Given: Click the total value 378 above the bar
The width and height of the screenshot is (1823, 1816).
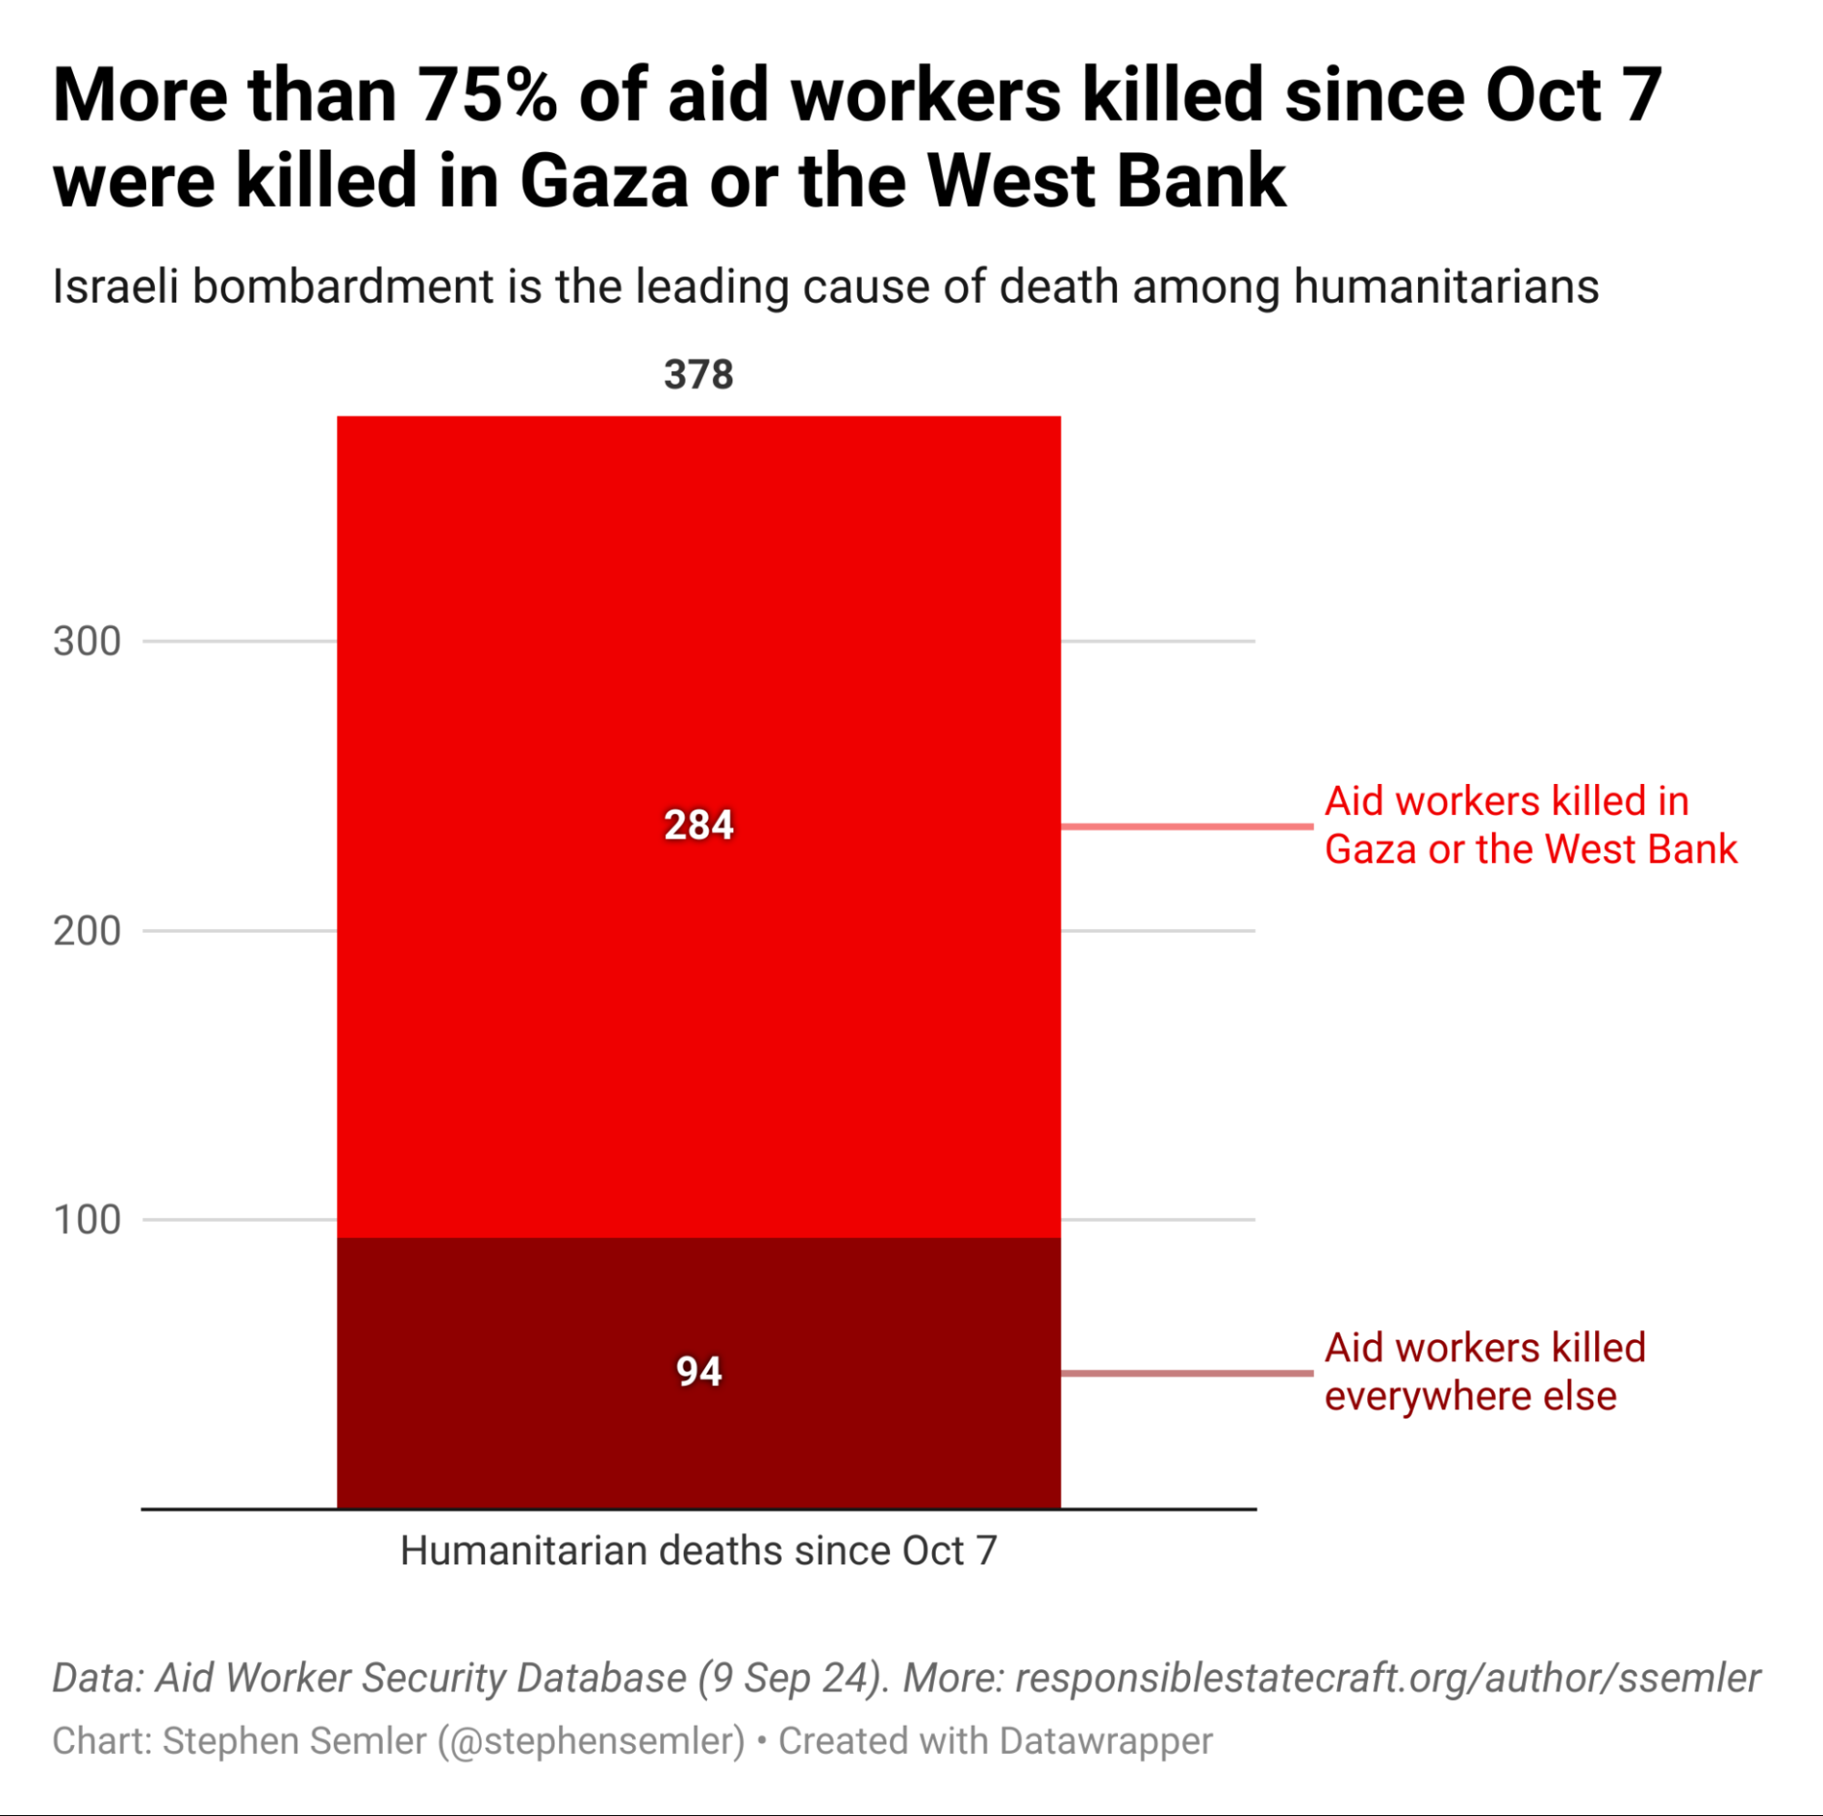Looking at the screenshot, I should [699, 375].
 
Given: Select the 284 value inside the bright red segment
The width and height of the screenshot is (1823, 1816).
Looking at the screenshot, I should [699, 825].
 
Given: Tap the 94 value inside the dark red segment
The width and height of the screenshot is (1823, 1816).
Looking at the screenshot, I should [699, 1372].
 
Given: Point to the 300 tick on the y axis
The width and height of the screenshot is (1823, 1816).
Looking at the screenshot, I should [87, 642].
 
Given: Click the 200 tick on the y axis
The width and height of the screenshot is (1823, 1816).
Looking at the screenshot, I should [87, 931].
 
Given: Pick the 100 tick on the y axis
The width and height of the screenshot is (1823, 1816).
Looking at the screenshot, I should [87, 1220].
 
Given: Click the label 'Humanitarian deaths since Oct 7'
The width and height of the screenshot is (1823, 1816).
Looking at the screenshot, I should [699, 1551].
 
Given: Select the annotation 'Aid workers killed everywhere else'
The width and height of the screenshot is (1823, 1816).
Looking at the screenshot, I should [1485, 1372].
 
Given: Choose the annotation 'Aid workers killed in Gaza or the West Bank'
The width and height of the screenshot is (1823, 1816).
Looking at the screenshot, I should [1529, 825].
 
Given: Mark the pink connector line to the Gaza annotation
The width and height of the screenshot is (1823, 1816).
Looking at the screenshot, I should [1187, 826].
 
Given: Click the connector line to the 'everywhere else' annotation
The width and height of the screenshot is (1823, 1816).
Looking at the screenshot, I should [1187, 1373].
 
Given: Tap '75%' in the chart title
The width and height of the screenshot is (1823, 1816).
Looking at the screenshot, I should [489, 97].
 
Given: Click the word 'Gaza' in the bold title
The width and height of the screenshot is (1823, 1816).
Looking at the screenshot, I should [604, 181].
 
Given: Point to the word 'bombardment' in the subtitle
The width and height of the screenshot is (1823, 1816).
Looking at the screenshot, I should [343, 287].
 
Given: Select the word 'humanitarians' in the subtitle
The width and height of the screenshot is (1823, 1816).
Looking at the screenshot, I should [1445, 287].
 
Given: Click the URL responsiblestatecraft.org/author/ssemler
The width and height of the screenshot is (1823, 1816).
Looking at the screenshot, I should [1387, 1678].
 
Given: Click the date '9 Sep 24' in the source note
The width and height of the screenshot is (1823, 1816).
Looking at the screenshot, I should [791, 1678].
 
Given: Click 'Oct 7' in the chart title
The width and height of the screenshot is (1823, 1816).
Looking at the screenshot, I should [1573, 97].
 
